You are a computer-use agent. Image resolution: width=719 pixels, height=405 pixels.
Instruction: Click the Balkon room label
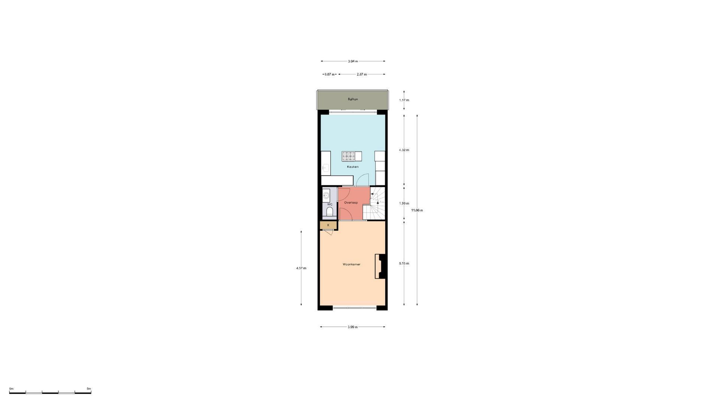(353, 99)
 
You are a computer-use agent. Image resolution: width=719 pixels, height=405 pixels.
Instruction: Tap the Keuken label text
(353, 167)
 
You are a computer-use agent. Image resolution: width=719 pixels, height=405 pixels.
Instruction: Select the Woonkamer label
(352, 264)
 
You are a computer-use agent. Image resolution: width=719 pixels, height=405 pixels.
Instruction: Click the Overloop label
(351, 202)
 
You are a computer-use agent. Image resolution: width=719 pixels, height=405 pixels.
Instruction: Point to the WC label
(330, 204)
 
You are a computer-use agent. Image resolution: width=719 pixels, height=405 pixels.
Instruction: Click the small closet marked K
(328, 225)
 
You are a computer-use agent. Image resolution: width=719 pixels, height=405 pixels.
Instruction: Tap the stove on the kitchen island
(348, 156)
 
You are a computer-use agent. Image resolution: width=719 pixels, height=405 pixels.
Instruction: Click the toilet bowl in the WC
(330, 212)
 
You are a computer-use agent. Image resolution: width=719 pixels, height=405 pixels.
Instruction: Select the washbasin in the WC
(326, 195)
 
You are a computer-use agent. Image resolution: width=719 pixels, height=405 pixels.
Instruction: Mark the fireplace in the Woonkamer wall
(380, 266)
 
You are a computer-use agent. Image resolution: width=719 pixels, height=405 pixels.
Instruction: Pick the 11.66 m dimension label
(417, 210)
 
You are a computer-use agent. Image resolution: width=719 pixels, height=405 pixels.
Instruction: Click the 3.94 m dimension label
(353, 61)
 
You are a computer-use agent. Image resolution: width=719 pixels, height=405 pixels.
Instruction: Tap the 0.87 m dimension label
(330, 74)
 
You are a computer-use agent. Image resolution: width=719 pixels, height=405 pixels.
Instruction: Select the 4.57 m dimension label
(301, 268)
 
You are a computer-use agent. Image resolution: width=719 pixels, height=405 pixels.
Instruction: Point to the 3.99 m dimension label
(353, 327)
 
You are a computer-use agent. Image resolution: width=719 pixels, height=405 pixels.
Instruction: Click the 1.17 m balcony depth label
(404, 100)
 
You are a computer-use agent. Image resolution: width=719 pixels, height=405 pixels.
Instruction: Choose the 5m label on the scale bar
(89, 389)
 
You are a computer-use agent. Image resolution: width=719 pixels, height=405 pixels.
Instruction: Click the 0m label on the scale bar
(11, 389)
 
